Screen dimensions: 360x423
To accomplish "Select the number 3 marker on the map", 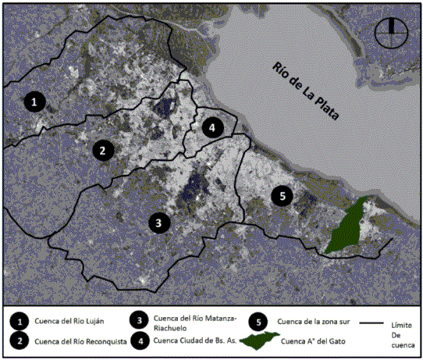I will [x=159, y=223].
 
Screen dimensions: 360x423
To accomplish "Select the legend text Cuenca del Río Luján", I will [x=69, y=321].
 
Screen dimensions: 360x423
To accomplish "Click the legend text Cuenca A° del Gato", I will [x=313, y=341].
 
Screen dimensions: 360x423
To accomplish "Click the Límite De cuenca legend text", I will [x=403, y=333].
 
